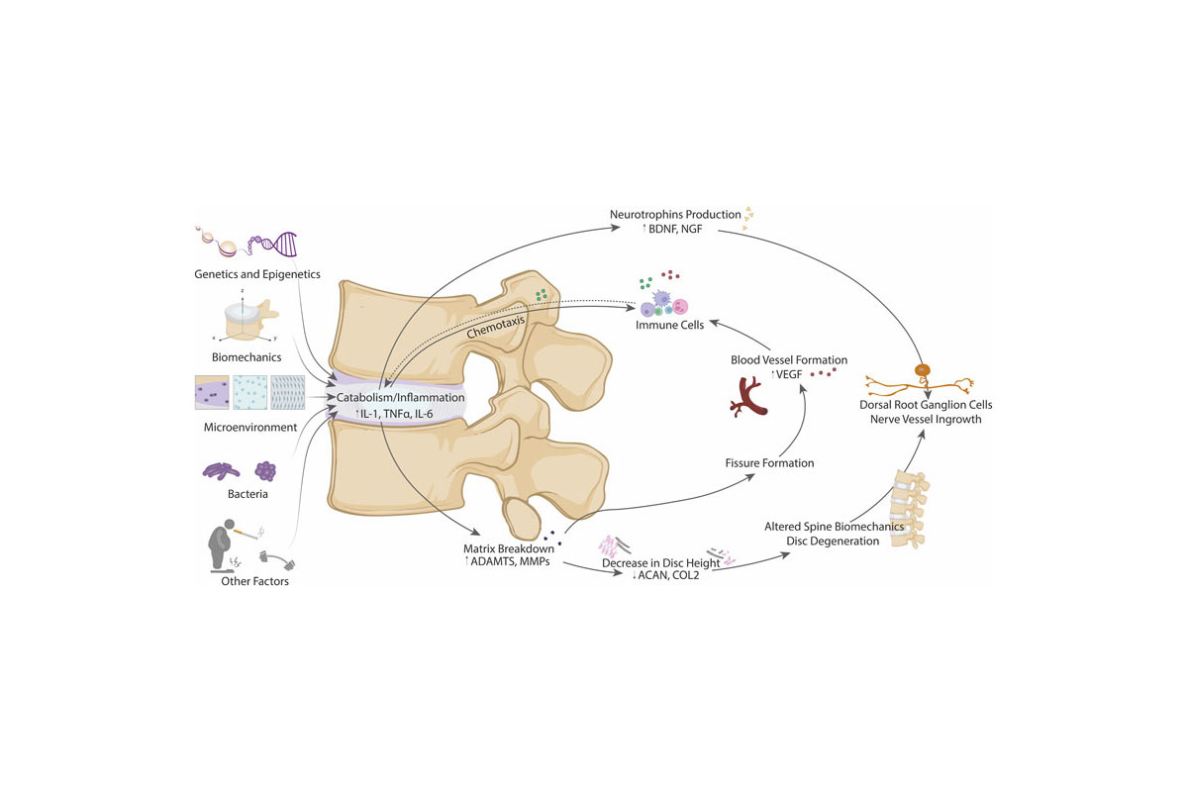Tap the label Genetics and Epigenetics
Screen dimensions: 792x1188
(256, 274)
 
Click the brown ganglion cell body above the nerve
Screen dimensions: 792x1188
(923, 371)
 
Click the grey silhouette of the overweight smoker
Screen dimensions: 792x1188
(223, 542)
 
